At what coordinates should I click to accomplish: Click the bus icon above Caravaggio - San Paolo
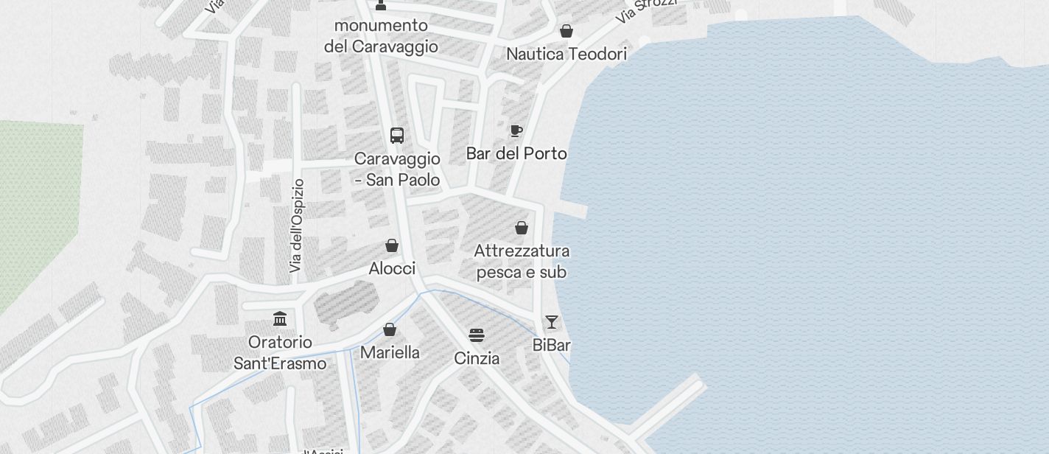[397, 136]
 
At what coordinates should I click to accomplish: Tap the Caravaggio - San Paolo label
[397, 170]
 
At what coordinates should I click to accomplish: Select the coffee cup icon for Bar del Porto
[516, 131]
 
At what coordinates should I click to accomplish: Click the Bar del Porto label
[516, 153]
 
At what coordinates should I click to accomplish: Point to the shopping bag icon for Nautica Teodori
[566, 31]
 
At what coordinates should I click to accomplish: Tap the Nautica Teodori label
[566, 54]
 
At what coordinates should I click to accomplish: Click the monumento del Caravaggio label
[381, 36]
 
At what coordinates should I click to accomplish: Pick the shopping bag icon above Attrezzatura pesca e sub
[522, 228]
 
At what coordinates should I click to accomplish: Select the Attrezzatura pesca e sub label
[522, 262]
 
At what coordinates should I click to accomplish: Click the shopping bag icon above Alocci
[392, 245]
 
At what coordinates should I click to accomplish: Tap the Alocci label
[392, 268]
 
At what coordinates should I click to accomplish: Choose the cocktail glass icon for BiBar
[552, 322]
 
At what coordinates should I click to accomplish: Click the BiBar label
[552, 345]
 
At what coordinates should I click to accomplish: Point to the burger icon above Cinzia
[477, 335]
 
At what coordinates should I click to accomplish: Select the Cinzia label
[477, 358]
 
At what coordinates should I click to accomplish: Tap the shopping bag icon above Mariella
[390, 329]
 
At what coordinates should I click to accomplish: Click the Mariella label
[390, 352]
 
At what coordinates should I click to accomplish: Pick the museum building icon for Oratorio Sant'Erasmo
[280, 319]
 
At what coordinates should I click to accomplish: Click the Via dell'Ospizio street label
[297, 226]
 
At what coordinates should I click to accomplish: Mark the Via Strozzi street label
[647, 9]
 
